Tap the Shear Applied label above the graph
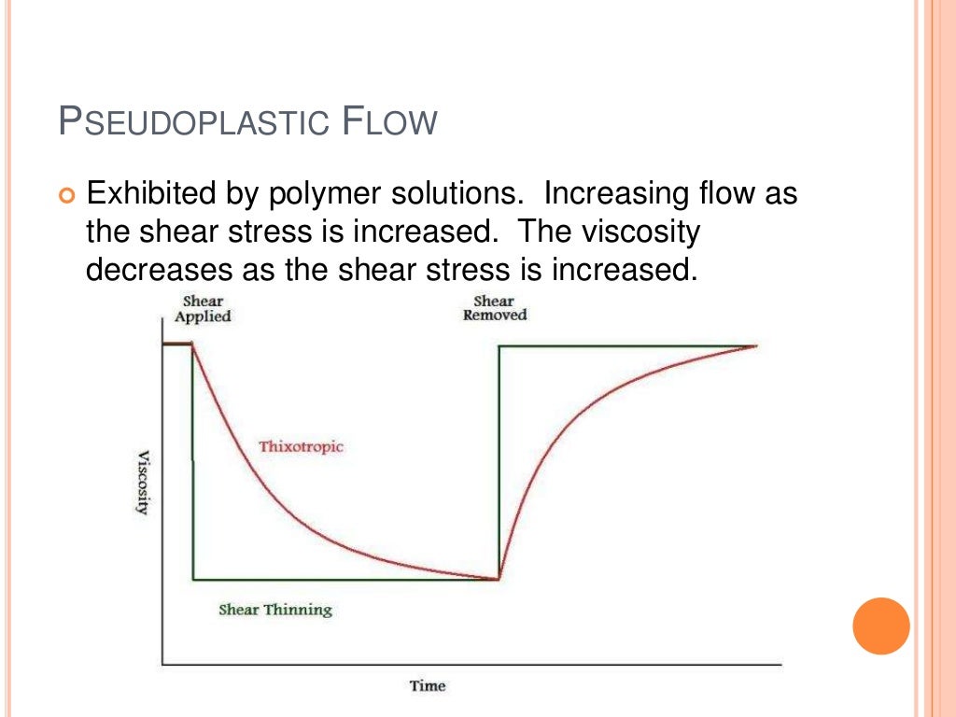203,308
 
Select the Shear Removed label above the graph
495,308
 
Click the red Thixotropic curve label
301,446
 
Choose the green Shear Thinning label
275,610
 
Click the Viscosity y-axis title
144,483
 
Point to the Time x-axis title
428,686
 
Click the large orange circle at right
880,626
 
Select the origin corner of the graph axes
162,665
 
